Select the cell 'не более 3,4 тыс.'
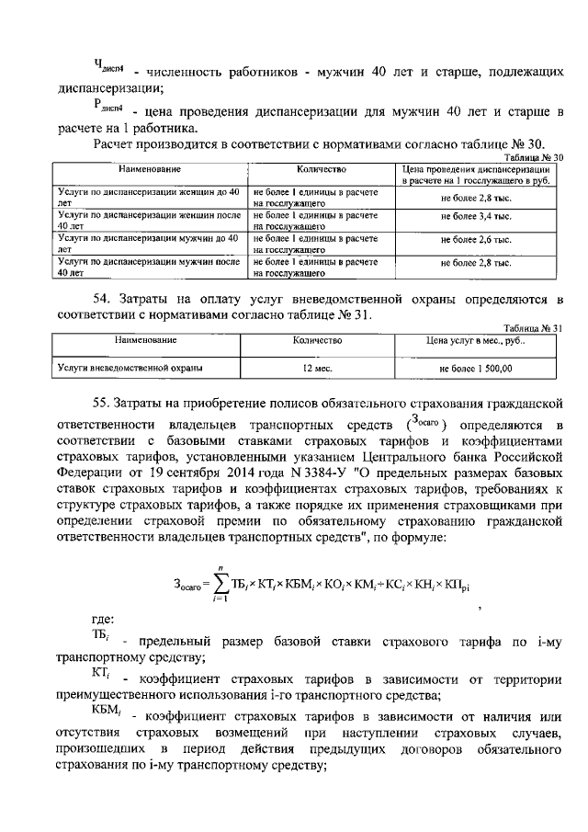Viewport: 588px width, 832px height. pyautogui.click(x=476, y=217)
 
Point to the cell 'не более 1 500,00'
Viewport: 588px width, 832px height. pyautogui.click(x=476, y=369)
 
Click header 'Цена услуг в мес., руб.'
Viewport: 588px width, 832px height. pyautogui.click(x=476, y=341)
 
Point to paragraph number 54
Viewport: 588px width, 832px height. pyautogui.click(x=103, y=300)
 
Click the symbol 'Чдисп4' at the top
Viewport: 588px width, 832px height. pyautogui.click(x=109, y=65)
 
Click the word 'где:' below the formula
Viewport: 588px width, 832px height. pyautogui.click(x=102, y=620)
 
